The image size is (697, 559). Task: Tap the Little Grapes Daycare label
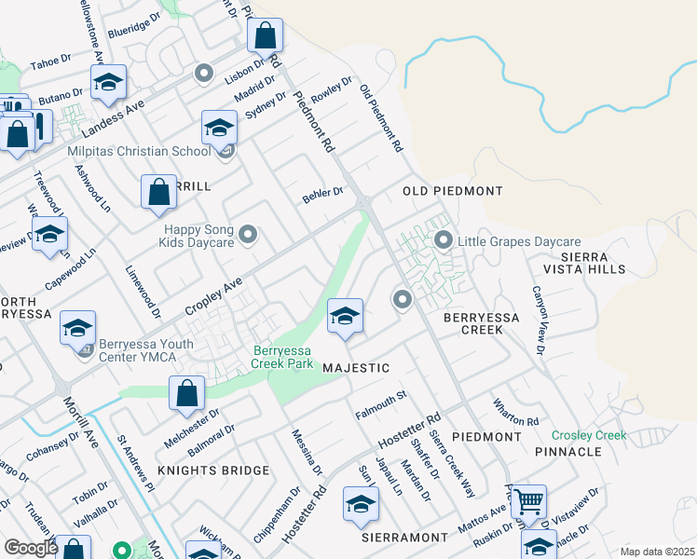[518, 241]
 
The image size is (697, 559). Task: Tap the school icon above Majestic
[345, 316]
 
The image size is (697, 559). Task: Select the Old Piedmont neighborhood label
[452, 191]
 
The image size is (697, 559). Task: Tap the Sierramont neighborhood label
[404, 539]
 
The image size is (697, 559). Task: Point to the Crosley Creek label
[588, 435]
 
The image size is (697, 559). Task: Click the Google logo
[31, 548]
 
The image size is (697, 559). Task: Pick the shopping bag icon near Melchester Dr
[186, 393]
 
